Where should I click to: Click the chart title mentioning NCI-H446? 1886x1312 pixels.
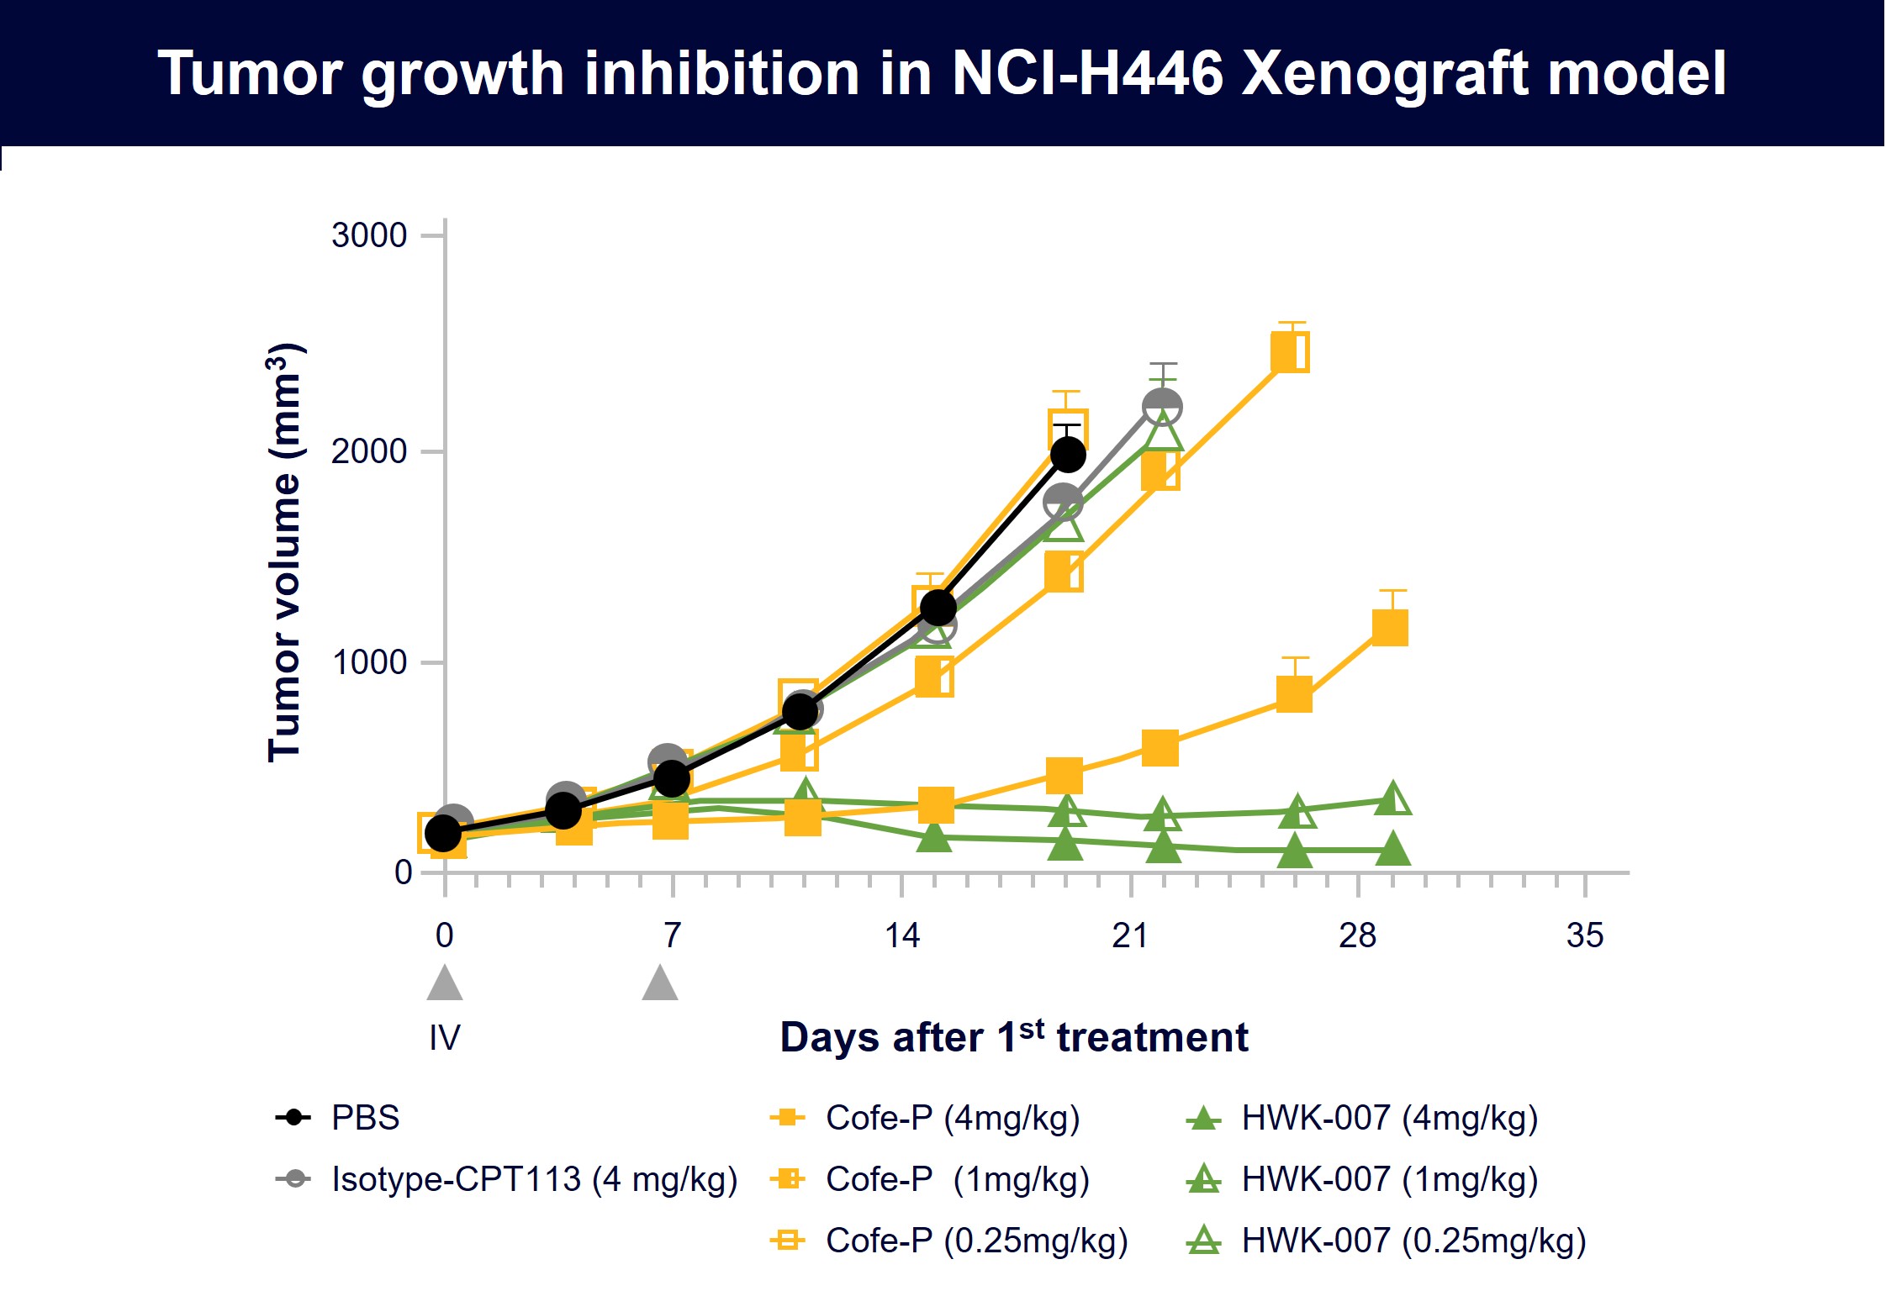pyautogui.click(x=942, y=74)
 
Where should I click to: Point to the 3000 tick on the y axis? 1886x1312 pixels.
pyautogui.click(x=369, y=235)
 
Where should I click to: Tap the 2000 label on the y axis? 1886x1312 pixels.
pyautogui.click(x=369, y=452)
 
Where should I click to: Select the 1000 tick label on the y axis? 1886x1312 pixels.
pyautogui.click(x=369, y=662)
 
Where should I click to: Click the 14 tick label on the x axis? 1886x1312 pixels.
pyautogui.click(x=902, y=935)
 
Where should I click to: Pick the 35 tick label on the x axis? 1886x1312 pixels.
pyautogui.click(x=1585, y=935)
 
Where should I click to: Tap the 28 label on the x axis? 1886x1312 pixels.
pyautogui.click(x=1357, y=935)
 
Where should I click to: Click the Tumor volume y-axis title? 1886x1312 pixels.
pyautogui.click(x=285, y=553)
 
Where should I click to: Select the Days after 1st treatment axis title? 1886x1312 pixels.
pyautogui.click(x=1013, y=1037)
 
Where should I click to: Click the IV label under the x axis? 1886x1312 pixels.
pyautogui.click(x=445, y=1038)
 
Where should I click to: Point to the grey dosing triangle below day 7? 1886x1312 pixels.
pyautogui.click(x=660, y=984)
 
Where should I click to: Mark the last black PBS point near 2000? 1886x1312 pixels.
pyautogui.click(x=1068, y=455)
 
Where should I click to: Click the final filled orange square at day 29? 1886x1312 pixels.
pyautogui.click(x=1390, y=628)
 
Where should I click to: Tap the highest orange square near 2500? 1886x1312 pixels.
pyautogui.click(x=1290, y=351)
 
